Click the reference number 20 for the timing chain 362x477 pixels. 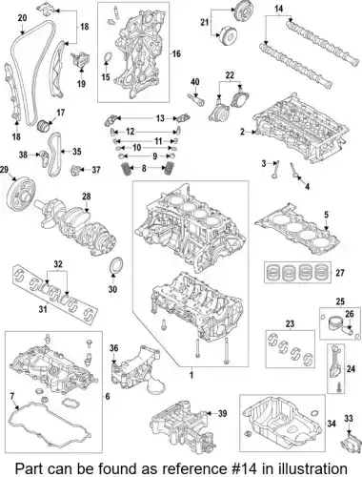tap(22, 18)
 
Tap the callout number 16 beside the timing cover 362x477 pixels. tap(176, 53)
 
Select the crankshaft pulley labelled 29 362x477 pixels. tap(21, 194)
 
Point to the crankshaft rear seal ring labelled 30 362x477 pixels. tap(116, 266)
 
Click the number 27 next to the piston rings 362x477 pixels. tap(340, 273)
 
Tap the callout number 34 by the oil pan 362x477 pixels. tap(332, 424)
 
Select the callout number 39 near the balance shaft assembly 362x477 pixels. tap(223, 413)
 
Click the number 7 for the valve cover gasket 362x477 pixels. tap(12, 396)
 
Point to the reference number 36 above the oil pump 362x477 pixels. tap(114, 348)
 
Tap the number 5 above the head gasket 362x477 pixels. tap(326, 215)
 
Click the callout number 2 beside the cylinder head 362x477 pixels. tap(243, 132)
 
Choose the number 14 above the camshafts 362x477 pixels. tap(278, 9)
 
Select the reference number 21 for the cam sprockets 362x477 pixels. tap(205, 22)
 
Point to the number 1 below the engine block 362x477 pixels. tap(191, 375)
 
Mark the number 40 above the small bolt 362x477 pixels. tap(195, 82)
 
